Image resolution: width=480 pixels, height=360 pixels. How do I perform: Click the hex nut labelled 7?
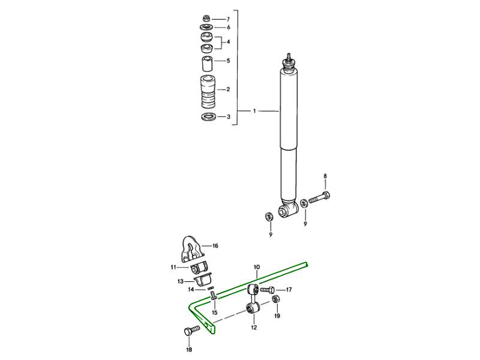coord(206,19)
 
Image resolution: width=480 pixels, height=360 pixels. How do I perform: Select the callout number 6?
coord(229,27)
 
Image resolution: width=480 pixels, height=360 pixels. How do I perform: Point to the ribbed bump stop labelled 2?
coord(207,92)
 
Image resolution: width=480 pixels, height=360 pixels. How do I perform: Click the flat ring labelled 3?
coord(208,116)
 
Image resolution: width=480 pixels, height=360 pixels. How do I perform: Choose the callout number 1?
coord(254,111)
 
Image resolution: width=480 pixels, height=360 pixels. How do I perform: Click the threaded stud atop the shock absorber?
coord(288,56)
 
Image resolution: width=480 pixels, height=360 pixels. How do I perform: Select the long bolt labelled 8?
coord(319,198)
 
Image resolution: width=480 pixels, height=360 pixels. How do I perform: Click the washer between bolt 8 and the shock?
coord(304,203)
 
